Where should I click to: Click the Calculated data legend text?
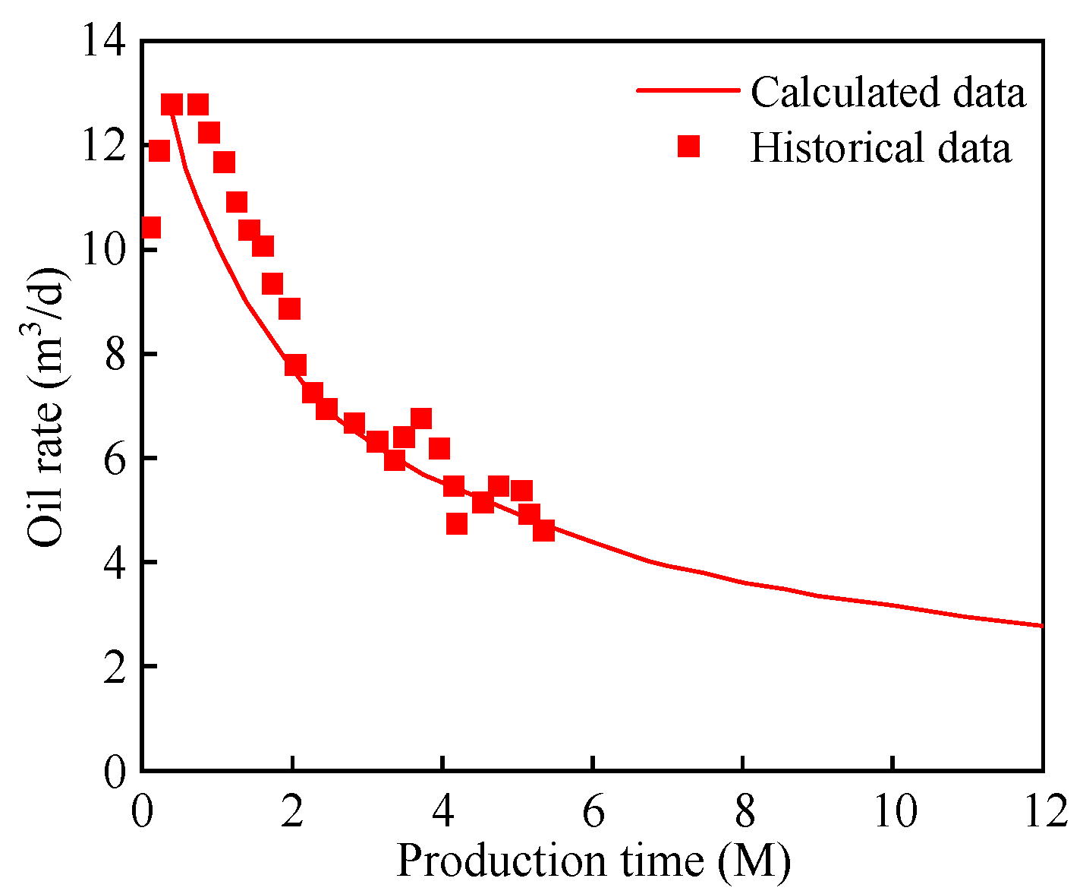(888, 92)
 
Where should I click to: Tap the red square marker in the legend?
(688, 146)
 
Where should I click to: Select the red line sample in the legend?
(687, 90)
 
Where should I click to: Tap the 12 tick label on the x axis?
(1043, 810)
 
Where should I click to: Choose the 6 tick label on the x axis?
(593, 810)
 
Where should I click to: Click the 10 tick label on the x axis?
(893, 810)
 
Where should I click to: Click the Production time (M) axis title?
(593, 861)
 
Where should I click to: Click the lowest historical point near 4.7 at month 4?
(456, 523)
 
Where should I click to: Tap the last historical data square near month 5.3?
(543, 530)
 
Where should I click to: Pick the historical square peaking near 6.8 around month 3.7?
(421, 419)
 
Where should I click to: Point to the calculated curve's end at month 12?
(1042, 626)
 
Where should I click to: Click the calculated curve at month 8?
(743, 583)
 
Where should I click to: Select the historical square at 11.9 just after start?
(159, 150)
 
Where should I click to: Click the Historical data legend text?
(880, 147)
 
